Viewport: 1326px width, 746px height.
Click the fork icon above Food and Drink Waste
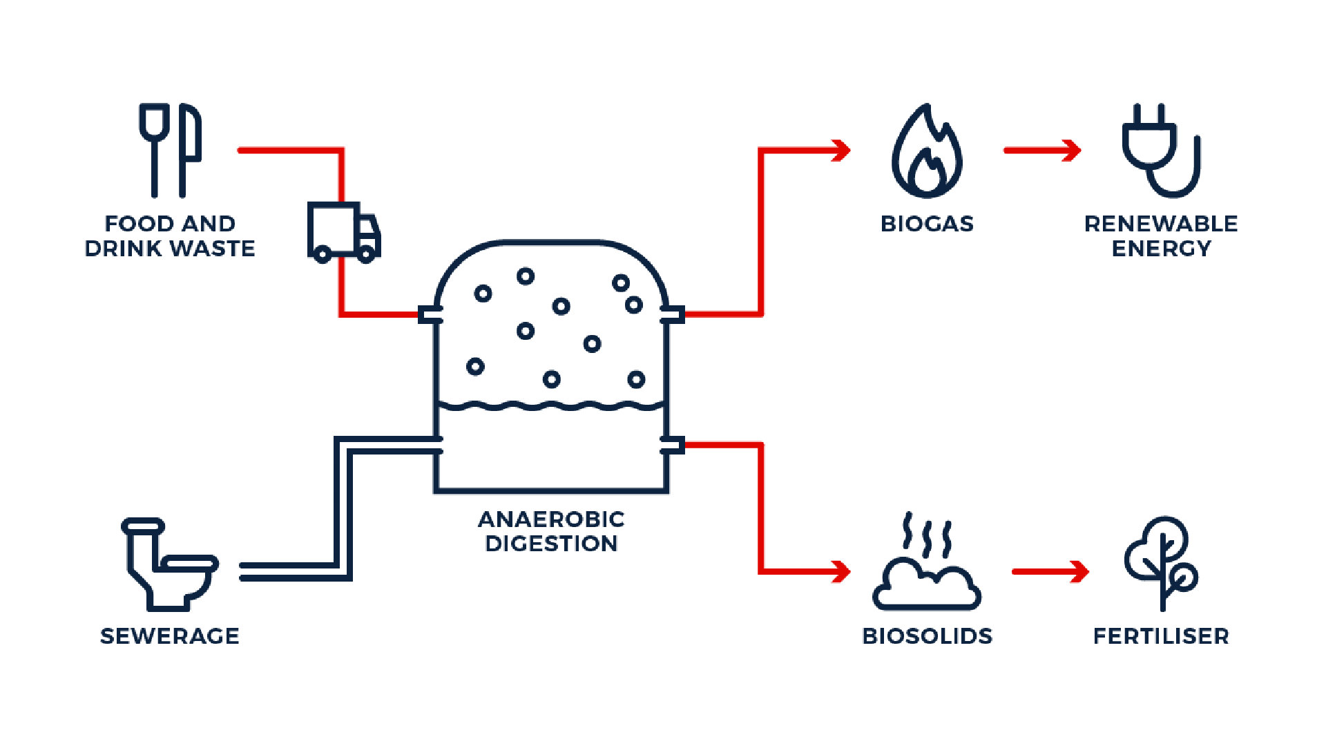tap(154, 149)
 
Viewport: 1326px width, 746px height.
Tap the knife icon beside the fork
tap(190, 149)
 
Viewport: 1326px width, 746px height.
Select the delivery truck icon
tap(343, 232)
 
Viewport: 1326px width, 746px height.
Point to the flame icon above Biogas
tap(927, 152)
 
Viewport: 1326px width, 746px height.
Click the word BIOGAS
tap(927, 224)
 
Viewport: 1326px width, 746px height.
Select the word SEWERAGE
tap(170, 636)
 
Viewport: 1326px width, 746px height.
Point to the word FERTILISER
tap(1161, 636)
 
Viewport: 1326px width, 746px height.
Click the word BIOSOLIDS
tap(927, 636)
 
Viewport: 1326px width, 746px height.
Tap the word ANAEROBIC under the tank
tap(551, 519)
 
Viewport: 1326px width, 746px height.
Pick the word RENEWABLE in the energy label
tap(1161, 224)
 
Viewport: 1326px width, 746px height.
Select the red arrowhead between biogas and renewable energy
tap(1071, 150)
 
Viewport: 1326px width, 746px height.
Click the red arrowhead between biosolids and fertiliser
tap(1079, 571)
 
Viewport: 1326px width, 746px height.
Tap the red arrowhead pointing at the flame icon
tap(841, 150)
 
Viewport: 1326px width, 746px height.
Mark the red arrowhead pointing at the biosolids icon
tap(841, 571)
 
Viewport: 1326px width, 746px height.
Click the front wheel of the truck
tap(366, 255)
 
